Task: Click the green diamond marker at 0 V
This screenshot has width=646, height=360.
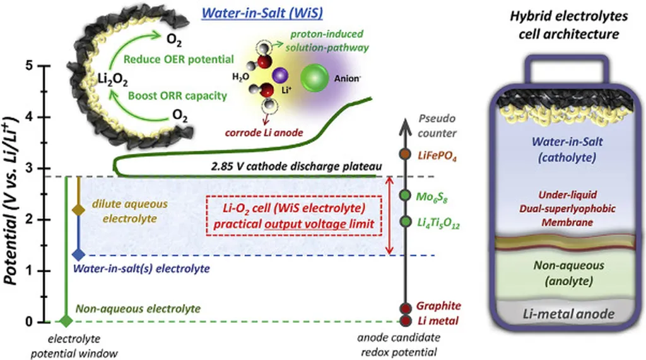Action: coord(64,322)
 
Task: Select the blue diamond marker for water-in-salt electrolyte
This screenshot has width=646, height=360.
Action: coord(78,255)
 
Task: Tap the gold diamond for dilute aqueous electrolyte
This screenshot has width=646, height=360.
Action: coord(78,209)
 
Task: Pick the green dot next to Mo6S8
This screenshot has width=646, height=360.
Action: coord(406,195)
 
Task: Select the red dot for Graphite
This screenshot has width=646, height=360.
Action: coord(406,308)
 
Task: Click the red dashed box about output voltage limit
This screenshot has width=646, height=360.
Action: coord(286,216)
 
